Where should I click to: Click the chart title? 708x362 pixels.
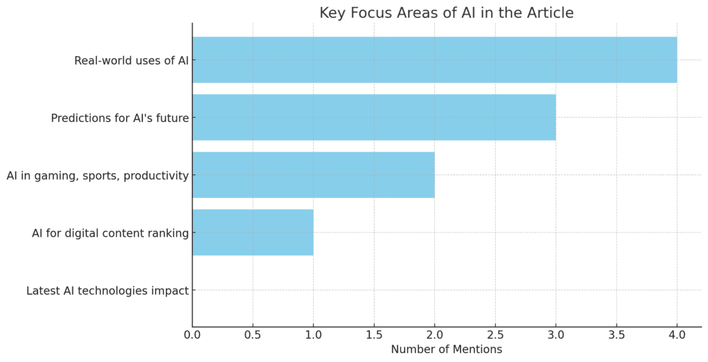coord(446,12)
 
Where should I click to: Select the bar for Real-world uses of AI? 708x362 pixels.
coord(434,60)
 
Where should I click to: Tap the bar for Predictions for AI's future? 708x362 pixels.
coord(374,118)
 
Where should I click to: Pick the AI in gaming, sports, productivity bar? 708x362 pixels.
coord(313,175)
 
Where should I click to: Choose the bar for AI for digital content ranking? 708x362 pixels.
coord(253,233)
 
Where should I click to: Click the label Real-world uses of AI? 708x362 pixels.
coord(131,60)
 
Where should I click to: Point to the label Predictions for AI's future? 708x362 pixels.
coord(120,118)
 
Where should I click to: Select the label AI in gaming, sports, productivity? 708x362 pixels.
coord(97,175)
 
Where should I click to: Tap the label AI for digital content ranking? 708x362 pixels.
coord(110,233)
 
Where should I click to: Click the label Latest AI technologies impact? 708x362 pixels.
coord(107,291)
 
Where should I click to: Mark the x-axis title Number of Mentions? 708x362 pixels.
coord(446,350)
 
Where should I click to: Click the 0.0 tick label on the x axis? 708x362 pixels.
coord(192,335)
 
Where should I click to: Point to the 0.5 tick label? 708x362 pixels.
coord(253,335)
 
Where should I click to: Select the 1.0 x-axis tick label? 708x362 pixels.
coord(313,335)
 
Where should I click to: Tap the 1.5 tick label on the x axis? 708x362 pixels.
coord(374,335)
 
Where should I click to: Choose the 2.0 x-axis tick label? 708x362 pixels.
coord(435,335)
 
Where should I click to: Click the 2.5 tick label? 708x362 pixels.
coord(495,335)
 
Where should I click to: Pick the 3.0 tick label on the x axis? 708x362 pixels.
coord(556,335)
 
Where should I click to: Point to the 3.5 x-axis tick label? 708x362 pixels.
coord(616,335)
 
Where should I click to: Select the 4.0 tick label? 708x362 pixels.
coord(677,335)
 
